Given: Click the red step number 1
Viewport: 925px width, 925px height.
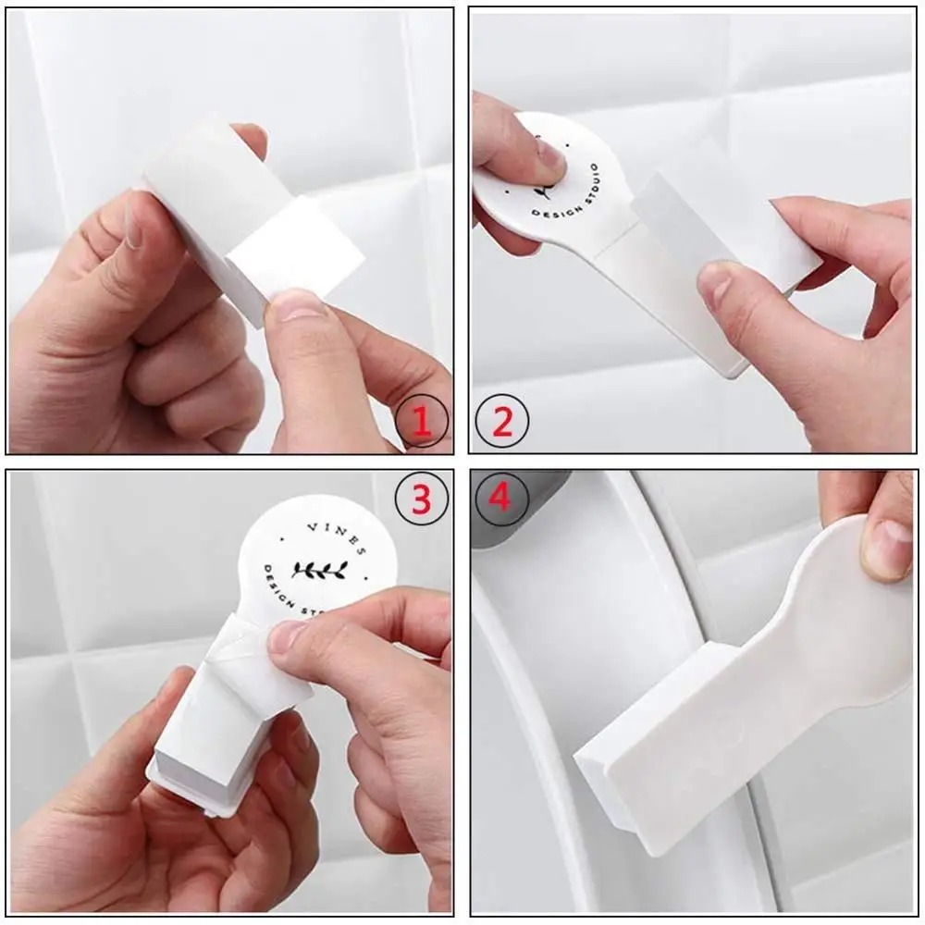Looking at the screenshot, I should coord(422,424).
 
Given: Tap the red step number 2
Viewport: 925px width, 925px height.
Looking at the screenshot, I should coord(502,424).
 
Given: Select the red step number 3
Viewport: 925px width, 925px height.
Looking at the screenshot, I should coord(422,500).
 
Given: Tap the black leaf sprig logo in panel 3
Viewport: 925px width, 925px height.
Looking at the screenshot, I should coord(318,569).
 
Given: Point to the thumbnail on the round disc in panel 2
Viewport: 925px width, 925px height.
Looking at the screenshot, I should coord(551,152).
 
